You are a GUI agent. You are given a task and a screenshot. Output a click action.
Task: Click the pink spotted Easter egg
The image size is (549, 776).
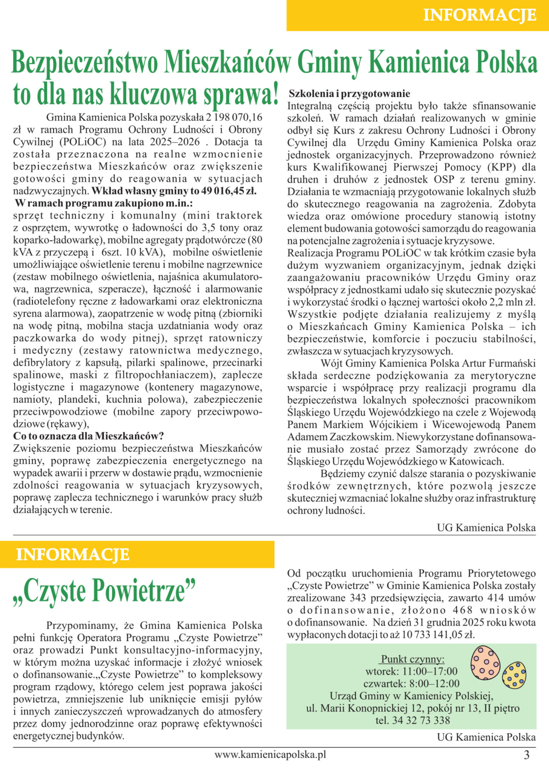(x=485, y=663)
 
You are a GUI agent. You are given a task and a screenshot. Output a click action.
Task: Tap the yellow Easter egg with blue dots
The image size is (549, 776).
(x=514, y=675)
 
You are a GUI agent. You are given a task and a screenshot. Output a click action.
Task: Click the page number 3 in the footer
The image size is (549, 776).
(x=526, y=755)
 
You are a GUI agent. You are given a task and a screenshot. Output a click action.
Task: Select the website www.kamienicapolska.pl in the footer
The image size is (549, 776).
(x=270, y=755)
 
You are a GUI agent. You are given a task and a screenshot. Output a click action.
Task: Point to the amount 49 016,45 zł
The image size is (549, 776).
(x=228, y=191)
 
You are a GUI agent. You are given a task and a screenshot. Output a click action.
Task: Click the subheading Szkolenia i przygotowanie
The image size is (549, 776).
(x=349, y=93)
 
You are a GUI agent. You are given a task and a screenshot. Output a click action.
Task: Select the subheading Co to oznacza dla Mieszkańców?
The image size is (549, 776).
(x=88, y=436)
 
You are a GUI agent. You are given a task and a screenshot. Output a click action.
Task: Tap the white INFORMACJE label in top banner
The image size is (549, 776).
(x=480, y=15)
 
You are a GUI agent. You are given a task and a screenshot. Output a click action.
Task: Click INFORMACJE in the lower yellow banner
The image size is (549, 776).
(x=73, y=554)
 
